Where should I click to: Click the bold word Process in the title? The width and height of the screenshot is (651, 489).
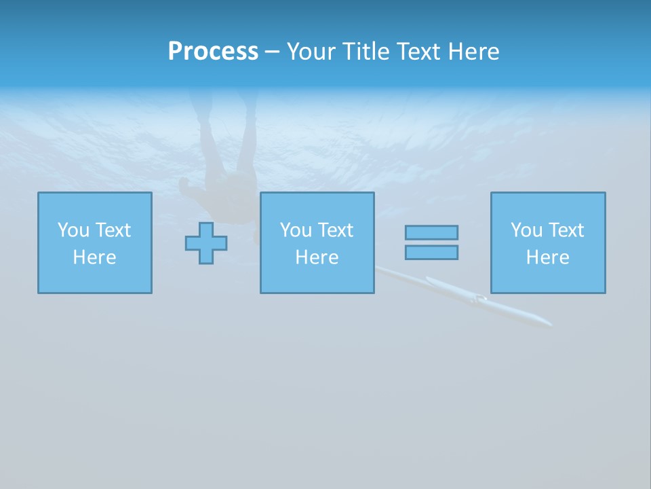coord(213,52)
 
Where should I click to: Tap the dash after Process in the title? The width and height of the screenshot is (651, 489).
coord(272,52)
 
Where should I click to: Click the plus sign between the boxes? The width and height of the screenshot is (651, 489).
coord(206,242)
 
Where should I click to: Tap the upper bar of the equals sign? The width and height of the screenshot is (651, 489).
coord(431,232)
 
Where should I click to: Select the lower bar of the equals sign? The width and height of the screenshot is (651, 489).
coord(431,252)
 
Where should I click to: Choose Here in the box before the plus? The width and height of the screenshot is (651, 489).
coord(94,257)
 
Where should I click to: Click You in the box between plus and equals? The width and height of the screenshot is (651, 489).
coord(296,230)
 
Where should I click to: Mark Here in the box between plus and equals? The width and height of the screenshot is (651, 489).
coord(317,257)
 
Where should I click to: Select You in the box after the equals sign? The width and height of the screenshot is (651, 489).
coord(526,230)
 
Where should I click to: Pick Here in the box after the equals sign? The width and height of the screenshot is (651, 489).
coord(547,257)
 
